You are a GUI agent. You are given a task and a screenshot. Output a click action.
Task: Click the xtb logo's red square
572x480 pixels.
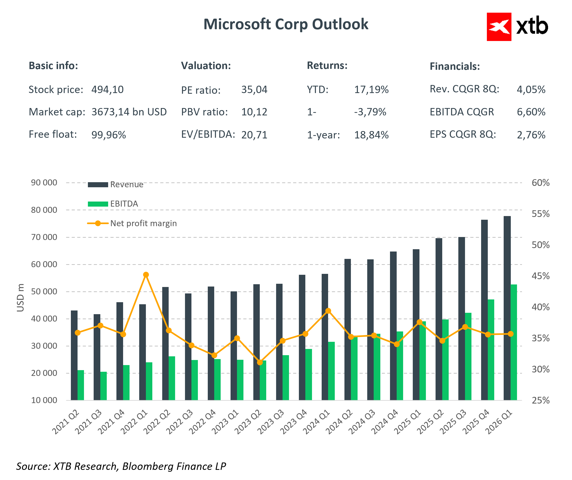[x=499, y=27]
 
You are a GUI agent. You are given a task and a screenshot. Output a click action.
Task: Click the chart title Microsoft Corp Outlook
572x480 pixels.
[x=286, y=24]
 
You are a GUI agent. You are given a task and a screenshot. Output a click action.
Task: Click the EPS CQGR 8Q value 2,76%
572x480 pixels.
[x=531, y=135]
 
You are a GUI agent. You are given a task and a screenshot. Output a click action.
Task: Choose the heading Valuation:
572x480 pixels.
[x=206, y=66]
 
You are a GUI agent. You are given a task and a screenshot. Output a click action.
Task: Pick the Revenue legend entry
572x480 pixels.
[x=116, y=185]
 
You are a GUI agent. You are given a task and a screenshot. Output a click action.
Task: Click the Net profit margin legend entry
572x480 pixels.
[x=132, y=223]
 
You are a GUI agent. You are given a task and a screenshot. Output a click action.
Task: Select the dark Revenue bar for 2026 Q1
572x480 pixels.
[x=507, y=308]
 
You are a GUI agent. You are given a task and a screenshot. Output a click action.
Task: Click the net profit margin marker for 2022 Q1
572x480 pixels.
[x=146, y=275]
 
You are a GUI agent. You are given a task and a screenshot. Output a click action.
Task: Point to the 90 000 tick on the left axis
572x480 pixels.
[x=44, y=183]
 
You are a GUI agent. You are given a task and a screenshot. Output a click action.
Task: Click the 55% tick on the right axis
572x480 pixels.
[x=540, y=214]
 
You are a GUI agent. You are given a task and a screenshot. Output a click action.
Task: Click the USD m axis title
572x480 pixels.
[x=20, y=298]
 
